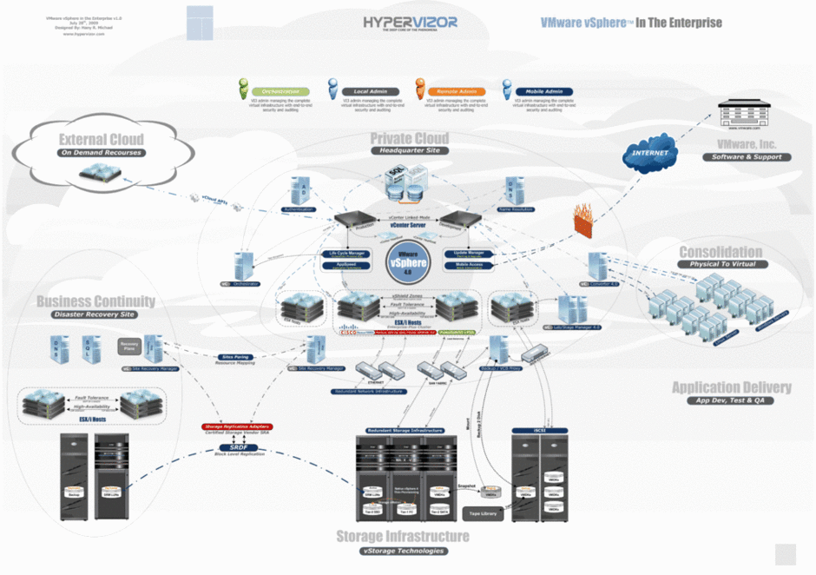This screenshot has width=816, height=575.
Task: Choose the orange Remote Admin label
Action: click(x=456, y=91)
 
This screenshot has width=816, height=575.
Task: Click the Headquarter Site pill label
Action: click(x=410, y=150)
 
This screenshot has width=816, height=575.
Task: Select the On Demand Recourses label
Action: click(x=101, y=153)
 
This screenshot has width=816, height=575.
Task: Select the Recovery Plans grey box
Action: click(x=129, y=347)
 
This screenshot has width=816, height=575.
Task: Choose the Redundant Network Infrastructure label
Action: click(x=368, y=392)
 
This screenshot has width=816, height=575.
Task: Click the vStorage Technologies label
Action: click(x=403, y=551)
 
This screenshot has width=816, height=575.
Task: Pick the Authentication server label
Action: click(x=299, y=209)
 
